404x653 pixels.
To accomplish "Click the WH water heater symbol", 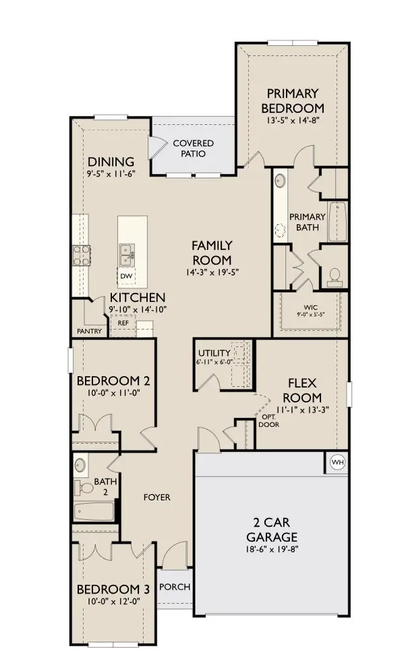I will (x=336, y=462).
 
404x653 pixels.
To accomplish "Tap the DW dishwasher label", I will (x=126, y=276).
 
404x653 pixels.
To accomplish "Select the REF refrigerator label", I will (x=123, y=323).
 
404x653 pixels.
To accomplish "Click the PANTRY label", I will (x=89, y=331).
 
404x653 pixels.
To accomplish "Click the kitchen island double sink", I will (x=126, y=254).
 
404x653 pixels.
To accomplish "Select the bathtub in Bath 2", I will (x=94, y=511).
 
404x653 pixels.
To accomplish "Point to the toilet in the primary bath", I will (x=334, y=276).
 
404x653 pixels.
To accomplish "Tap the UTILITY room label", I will (x=214, y=353).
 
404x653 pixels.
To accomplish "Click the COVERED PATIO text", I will (x=193, y=149).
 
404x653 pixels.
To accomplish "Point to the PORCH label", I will (x=174, y=587).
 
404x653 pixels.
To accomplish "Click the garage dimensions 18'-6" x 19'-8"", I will (x=272, y=549).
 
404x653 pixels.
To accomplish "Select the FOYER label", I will (x=156, y=497).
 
